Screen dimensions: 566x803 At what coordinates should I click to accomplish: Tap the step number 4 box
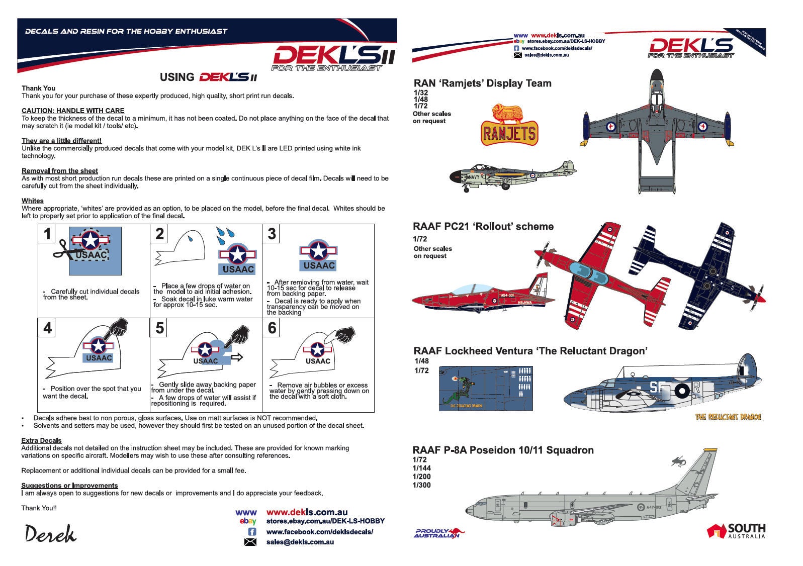tap(48, 328)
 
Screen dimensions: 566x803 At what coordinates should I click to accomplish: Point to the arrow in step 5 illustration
tap(237, 357)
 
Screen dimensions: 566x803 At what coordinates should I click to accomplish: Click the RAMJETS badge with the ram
tap(509, 126)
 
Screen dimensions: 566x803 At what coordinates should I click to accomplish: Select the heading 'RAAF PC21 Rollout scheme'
tap(483, 227)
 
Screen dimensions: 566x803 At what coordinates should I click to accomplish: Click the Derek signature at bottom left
tap(50, 534)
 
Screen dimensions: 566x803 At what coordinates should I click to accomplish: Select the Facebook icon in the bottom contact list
tap(252, 532)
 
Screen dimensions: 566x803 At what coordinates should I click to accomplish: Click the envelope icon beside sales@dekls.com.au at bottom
tap(250, 542)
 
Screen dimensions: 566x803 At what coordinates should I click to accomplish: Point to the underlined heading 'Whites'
tap(33, 201)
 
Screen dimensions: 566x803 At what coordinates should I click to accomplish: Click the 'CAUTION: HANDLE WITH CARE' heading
tap(73, 111)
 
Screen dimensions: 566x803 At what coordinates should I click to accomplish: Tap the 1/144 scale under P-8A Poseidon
tap(421, 468)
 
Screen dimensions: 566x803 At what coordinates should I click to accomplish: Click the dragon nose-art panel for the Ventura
tap(485, 388)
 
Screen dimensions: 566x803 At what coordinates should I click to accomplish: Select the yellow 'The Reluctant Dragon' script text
tap(728, 417)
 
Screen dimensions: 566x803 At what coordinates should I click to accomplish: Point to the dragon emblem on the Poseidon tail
tap(681, 460)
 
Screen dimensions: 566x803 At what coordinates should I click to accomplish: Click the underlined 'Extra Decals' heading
tap(41, 440)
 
